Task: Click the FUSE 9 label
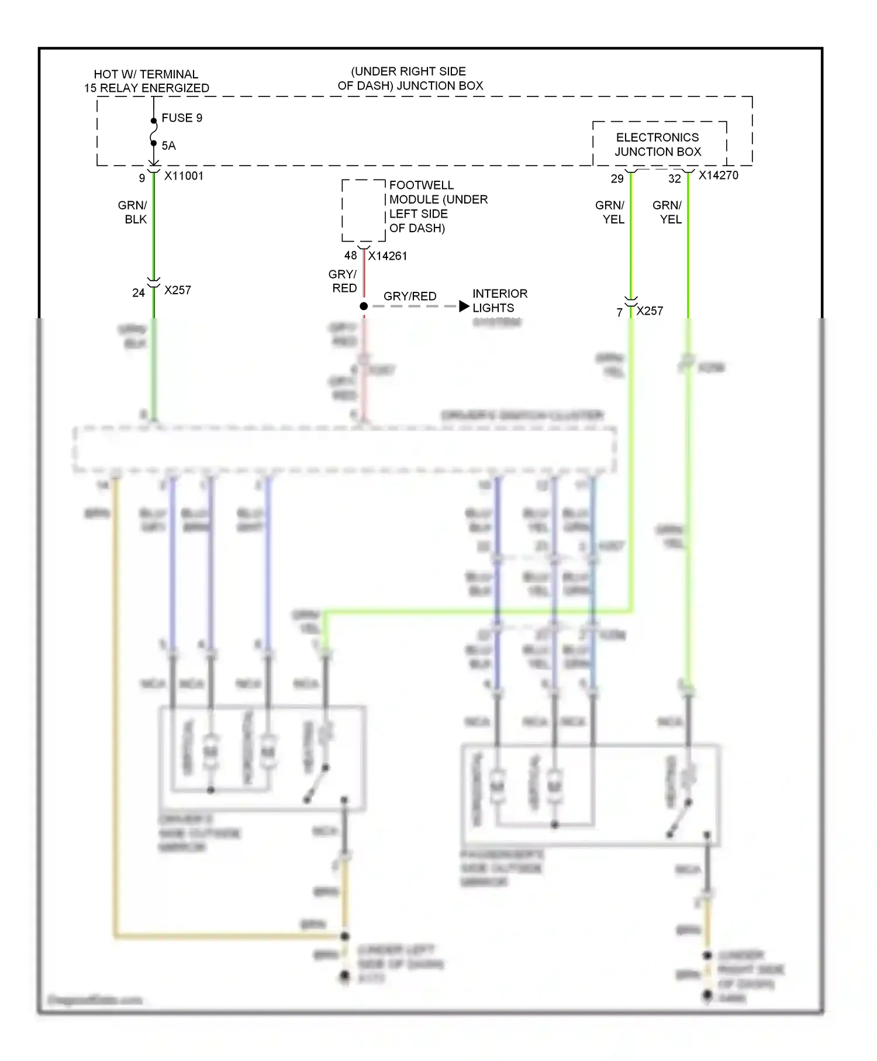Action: click(x=182, y=118)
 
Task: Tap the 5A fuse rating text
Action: click(x=169, y=146)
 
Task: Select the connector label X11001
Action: click(x=184, y=176)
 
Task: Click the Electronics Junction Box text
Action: click(x=658, y=144)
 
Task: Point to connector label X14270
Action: click(x=719, y=175)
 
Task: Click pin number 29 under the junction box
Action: click(x=617, y=179)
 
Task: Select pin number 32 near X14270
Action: click(x=675, y=179)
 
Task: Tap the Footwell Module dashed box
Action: click(x=363, y=211)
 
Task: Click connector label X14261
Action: click(x=388, y=256)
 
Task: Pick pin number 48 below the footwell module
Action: click(x=350, y=256)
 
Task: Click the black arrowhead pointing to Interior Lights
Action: click(x=464, y=306)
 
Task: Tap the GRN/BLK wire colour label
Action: click(x=133, y=212)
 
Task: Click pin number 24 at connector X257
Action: click(x=139, y=293)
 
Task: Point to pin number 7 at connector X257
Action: click(x=620, y=313)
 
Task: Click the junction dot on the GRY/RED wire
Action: click(x=364, y=306)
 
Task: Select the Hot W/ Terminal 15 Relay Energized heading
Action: click(x=146, y=81)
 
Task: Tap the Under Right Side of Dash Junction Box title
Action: click(x=409, y=78)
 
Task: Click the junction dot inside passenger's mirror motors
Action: click(x=554, y=825)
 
